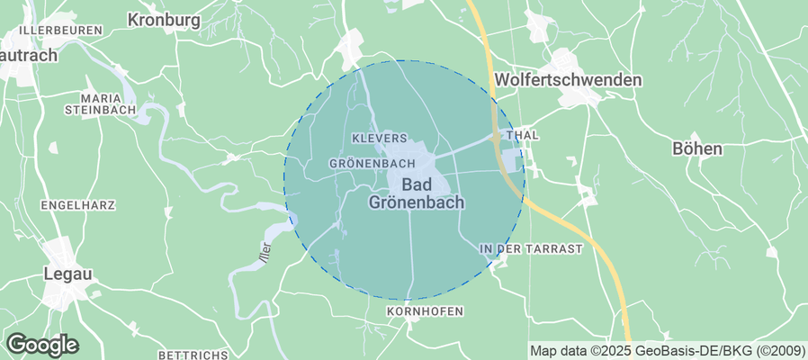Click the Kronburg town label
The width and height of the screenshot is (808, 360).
163,19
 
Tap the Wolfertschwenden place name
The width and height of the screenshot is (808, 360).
569,80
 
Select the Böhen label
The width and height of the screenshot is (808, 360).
697,148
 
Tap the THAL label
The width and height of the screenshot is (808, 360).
523,135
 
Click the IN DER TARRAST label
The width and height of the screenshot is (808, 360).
531,247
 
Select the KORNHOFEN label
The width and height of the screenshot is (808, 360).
424,311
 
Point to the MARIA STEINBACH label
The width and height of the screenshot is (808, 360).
100,103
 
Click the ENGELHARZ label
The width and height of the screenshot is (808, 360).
78,205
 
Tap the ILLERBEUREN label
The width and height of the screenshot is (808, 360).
61,30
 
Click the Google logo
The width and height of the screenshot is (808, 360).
41,344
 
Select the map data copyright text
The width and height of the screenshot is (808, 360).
667,351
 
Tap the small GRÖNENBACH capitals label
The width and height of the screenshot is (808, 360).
372,164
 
